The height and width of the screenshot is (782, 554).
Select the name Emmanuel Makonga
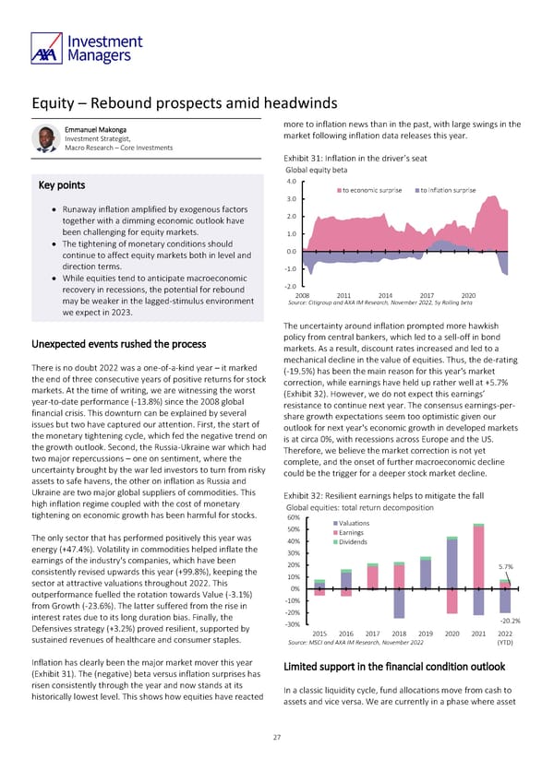tap(97, 129)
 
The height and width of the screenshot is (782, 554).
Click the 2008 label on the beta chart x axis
tap(315, 294)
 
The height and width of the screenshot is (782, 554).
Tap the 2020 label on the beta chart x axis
tap(468, 294)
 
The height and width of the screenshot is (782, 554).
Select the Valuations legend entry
tap(355, 524)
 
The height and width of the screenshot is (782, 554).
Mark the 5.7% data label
tap(506, 567)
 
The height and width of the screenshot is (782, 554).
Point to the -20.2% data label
tap(510, 620)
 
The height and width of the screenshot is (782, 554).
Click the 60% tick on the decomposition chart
tap(294, 516)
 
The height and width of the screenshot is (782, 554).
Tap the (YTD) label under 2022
tap(505, 643)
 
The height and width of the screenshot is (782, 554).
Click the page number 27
tap(276, 737)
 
